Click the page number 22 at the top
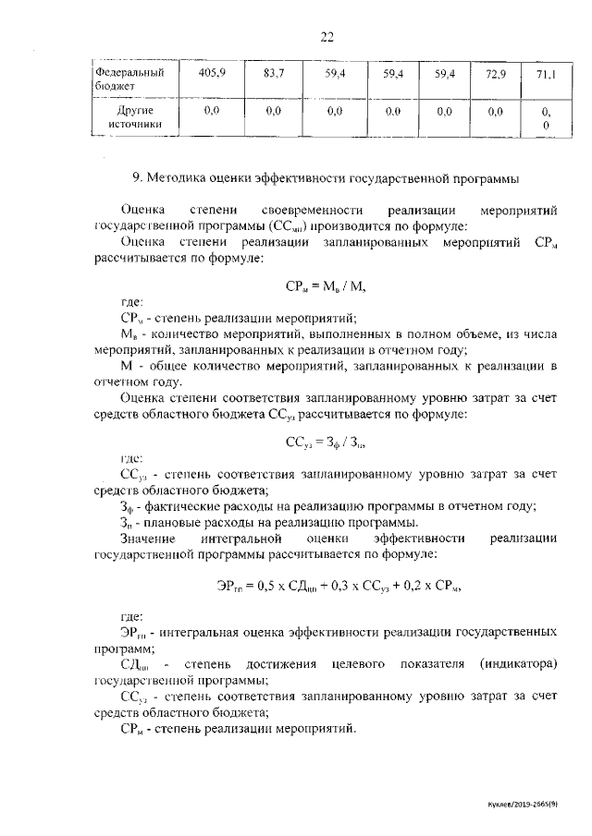coord(327,37)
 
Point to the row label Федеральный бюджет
coord(130,78)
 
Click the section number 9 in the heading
coord(137,176)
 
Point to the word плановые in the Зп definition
coord(172,522)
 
